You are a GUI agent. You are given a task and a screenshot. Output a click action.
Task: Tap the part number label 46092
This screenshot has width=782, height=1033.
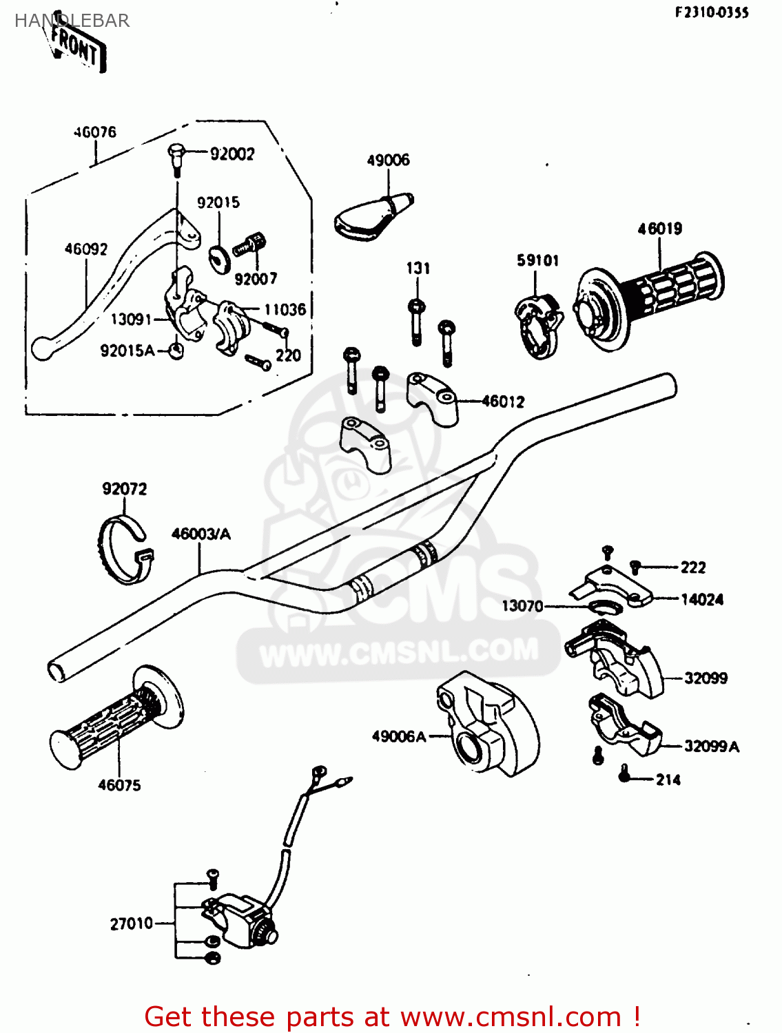[x=86, y=249]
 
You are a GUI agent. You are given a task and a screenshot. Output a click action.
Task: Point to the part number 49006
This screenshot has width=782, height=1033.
[x=388, y=160]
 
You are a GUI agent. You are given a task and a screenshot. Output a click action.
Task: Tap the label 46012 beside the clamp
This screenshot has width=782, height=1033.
[x=503, y=401]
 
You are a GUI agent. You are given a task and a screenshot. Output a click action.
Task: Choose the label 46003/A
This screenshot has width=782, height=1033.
[x=200, y=534]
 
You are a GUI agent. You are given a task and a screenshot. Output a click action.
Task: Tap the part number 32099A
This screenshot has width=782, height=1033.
[x=711, y=747]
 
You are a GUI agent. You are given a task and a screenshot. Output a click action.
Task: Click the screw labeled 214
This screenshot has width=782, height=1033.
[x=624, y=775]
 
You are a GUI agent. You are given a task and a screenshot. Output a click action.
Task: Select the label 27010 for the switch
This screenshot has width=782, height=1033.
[x=132, y=924]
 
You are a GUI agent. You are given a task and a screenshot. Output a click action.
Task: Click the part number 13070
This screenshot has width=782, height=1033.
[x=522, y=606]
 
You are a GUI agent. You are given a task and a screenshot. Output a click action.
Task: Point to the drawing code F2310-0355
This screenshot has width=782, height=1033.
[x=712, y=12]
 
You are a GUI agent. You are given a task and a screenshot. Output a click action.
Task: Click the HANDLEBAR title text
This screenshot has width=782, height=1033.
[x=72, y=21]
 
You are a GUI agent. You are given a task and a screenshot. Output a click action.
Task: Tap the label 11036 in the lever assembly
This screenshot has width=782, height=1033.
[x=285, y=310]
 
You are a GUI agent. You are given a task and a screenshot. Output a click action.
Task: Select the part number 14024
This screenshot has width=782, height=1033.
[x=702, y=600]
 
